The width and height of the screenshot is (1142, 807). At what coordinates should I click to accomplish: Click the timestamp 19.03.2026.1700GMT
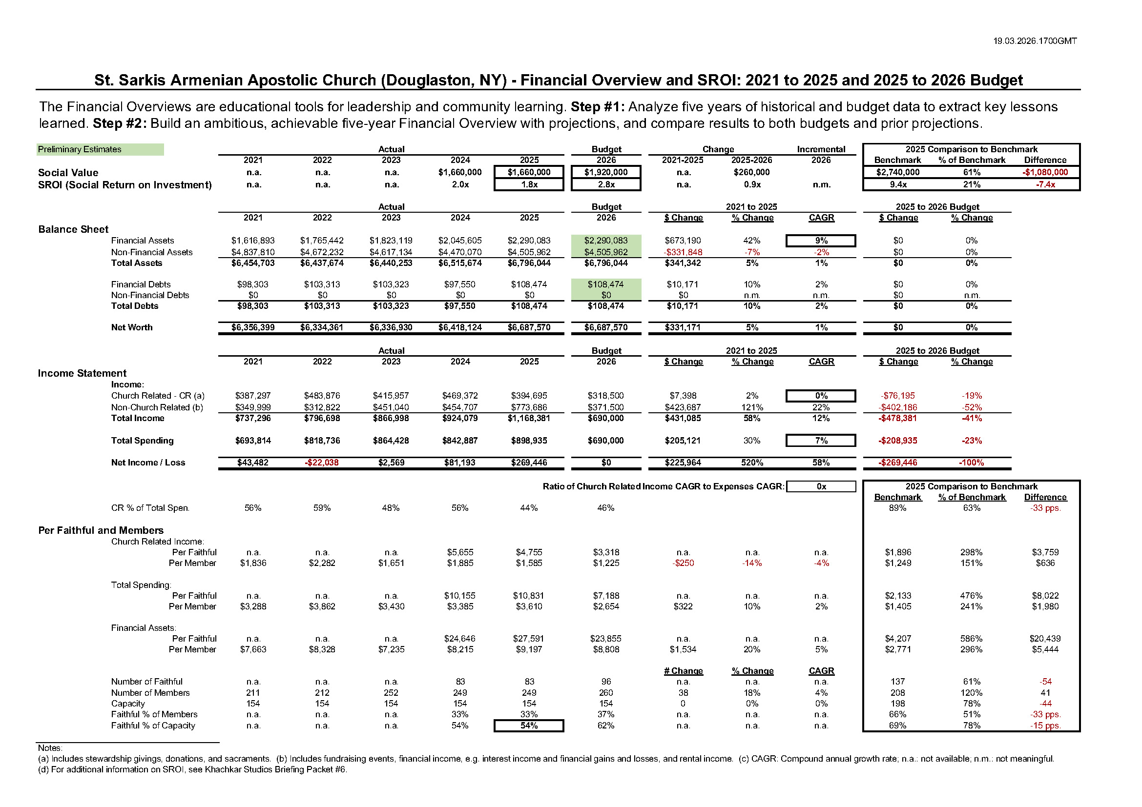coord(1035,41)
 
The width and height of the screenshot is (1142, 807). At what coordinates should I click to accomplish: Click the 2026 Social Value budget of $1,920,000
coord(606,172)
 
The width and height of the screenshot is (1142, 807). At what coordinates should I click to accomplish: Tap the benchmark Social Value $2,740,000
coord(897,172)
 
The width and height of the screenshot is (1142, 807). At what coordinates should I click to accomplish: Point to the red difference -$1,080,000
coord(1044,172)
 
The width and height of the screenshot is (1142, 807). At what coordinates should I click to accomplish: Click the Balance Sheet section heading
coord(73,230)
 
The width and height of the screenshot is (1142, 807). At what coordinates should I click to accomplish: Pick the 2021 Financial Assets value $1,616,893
coord(253,241)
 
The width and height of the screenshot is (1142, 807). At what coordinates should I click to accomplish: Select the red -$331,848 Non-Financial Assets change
coord(683,252)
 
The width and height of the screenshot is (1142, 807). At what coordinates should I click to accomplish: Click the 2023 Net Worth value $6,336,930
coord(391,327)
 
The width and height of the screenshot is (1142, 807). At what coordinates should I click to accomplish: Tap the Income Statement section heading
coord(82,373)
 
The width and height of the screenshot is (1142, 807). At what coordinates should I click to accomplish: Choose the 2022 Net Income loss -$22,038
coord(322,463)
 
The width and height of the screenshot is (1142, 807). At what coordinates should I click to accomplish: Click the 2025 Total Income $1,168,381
coord(529,419)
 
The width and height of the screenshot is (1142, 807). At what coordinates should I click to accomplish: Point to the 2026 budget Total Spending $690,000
coord(606,441)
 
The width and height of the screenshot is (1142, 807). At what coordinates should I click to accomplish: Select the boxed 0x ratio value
coord(821,486)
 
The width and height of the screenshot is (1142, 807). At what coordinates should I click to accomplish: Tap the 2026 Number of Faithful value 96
coord(606,682)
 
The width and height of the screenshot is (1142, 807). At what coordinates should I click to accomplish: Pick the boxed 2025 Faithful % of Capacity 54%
coord(529,726)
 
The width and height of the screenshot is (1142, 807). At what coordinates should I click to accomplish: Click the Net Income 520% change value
coord(751,463)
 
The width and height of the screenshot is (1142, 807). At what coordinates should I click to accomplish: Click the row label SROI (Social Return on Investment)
coord(125,185)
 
